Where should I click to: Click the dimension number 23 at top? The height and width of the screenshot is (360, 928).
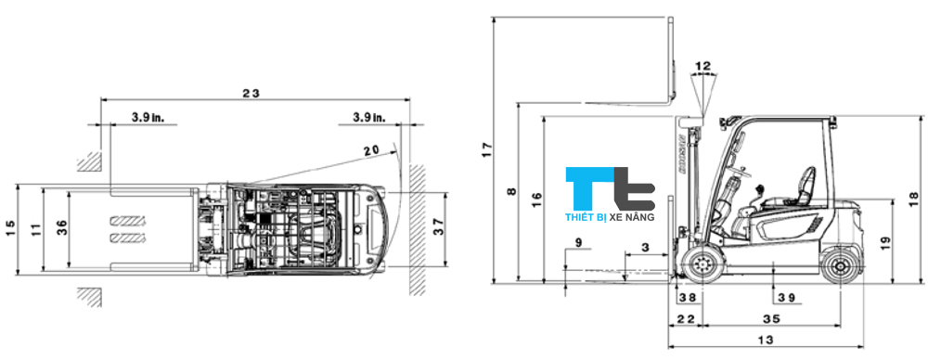(x=250, y=93)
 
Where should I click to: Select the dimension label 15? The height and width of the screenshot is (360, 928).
(x=10, y=226)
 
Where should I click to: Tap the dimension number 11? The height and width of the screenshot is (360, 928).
(x=35, y=226)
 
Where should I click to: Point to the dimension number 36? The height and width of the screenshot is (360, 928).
(x=60, y=226)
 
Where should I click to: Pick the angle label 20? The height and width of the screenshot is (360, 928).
(x=371, y=150)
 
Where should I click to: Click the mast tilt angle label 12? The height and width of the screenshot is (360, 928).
(x=702, y=66)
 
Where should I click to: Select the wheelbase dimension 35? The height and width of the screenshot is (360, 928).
(x=771, y=318)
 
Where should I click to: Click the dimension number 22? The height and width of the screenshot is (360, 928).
(x=686, y=318)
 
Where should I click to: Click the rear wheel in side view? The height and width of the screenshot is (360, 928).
(x=840, y=265)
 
